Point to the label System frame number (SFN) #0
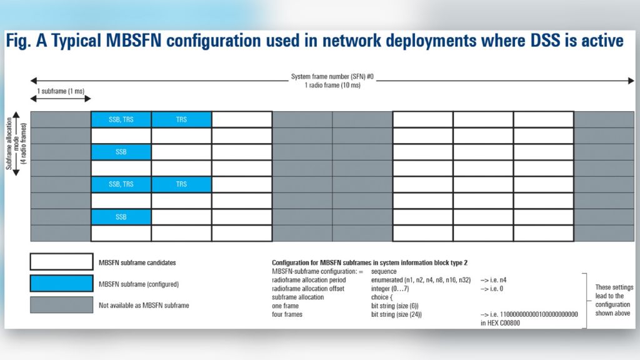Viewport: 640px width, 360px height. [x=332, y=77]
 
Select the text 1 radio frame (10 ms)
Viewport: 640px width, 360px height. [x=332, y=85]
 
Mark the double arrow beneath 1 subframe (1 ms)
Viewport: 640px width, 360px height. [x=61, y=99]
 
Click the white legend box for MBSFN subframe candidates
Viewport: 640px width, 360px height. [x=61, y=262]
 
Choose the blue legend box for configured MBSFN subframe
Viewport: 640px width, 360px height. [x=61, y=284]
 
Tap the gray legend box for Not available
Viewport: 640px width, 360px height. [x=61, y=305]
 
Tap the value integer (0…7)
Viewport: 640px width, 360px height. [x=391, y=289]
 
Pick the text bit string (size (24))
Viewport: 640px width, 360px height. [x=396, y=314]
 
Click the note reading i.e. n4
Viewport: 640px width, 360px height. [x=497, y=281]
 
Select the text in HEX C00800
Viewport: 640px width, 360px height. [x=500, y=323]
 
